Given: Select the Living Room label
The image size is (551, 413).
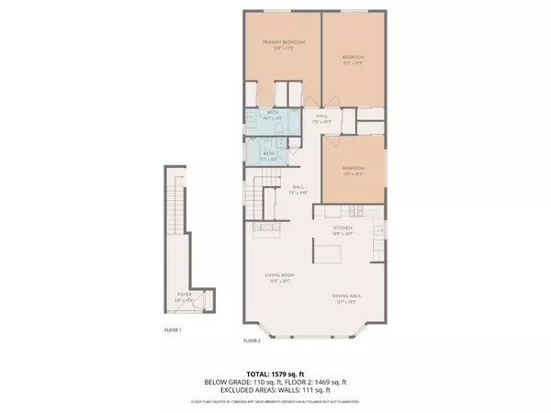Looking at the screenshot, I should pyautogui.click(x=281, y=277).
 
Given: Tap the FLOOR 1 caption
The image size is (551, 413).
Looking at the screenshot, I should pyautogui.click(x=173, y=329).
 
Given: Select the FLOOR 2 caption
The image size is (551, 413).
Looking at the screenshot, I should pyautogui.click(x=253, y=340).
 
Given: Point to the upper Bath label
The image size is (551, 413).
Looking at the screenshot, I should pyautogui.click(x=273, y=114).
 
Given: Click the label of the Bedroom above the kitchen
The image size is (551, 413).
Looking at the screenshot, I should pyautogui.click(x=354, y=170).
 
